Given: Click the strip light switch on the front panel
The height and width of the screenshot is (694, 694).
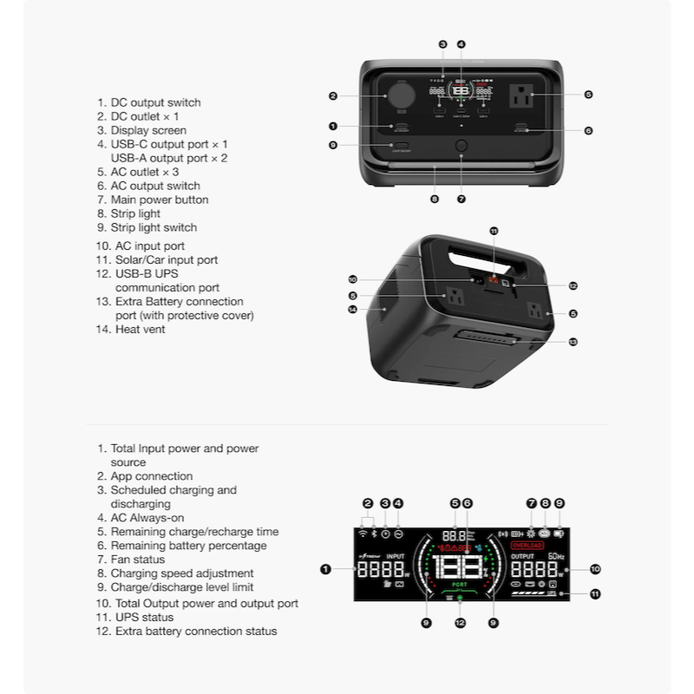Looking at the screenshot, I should click(402, 145).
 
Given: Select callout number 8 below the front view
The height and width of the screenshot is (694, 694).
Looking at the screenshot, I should click(434, 200).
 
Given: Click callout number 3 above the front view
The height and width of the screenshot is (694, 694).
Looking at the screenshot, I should click(442, 44).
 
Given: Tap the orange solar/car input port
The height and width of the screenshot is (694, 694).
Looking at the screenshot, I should click(494, 280).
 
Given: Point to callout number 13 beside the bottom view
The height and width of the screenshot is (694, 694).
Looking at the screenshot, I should click(573, 342).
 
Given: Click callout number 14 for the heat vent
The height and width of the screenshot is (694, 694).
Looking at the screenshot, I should click(353, 309).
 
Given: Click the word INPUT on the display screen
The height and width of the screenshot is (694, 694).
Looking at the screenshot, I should click(395, 556).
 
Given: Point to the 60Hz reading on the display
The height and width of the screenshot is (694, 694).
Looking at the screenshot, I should click(556, 556).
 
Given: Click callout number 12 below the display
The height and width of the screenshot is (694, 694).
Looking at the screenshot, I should click(461, 622).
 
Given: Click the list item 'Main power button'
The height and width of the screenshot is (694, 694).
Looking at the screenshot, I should click(159, 200).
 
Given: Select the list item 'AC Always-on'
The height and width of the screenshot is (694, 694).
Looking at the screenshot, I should click(147, 518).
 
